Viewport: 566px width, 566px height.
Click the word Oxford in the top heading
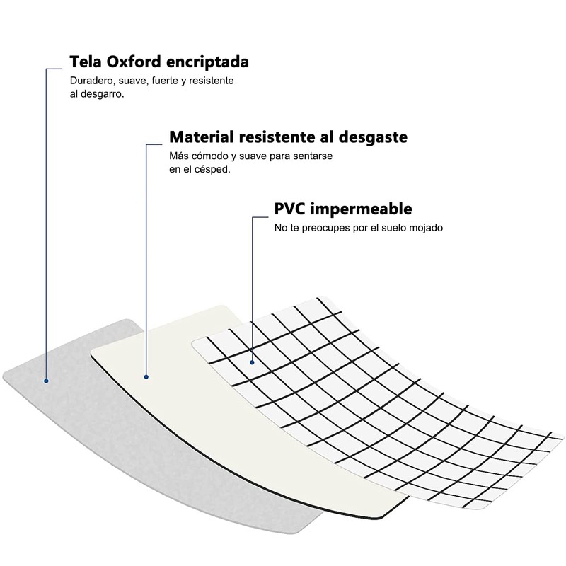134,62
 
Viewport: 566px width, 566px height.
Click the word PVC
291,209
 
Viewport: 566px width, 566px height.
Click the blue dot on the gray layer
46,380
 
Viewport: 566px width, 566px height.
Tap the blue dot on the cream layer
146,376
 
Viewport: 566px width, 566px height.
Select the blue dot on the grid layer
252,362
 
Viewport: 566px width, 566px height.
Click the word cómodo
210,156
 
